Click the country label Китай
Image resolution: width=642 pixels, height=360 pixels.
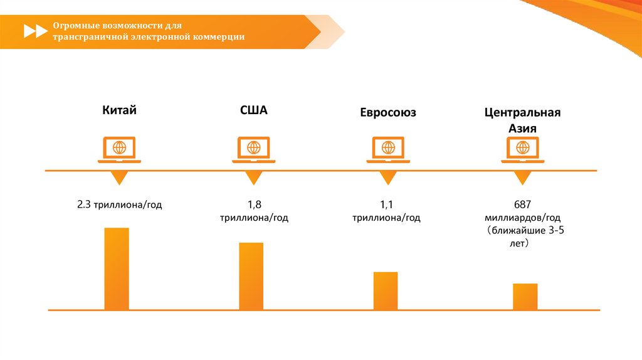tap(120, 110)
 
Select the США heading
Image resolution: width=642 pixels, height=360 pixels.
tap(254, 110)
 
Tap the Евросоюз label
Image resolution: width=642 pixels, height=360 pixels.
tap(388, 113)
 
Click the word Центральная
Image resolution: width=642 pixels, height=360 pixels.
tap(522, 113)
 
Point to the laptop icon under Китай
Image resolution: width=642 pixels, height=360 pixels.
tap(119, 149)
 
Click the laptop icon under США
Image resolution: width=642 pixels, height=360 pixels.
tap(254, 149)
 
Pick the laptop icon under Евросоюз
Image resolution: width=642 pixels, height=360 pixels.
tap(389, 149)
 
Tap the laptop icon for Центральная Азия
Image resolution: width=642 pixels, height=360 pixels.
tap(523, 149)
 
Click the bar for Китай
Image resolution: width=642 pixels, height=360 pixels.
tap(117, 268)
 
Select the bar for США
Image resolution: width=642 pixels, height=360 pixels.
tap(251, 276)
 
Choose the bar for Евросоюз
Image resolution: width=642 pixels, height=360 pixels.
tap(386, 290)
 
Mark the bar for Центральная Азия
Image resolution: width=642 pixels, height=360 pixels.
tap(525, 296)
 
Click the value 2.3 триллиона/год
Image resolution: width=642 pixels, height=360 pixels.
tap(120, 205)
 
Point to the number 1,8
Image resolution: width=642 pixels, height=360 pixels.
tap(254, 204)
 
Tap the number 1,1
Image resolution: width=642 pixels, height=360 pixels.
tap(386, 204)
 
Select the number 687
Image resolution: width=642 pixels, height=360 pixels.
tap(522, 204)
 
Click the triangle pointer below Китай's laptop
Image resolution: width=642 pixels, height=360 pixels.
tap(119, 177)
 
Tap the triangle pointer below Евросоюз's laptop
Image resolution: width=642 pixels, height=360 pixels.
tap(389, 177)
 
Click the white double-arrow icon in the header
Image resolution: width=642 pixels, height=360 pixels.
tap(35, 31)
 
